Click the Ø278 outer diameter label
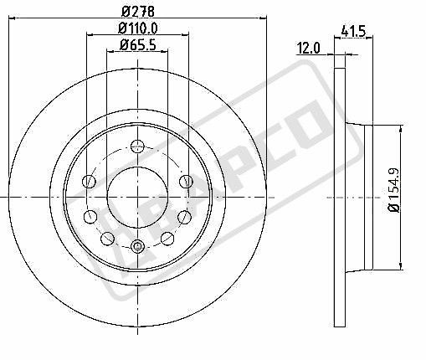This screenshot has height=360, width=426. point(138,11)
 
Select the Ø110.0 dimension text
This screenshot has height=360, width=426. point(138,28)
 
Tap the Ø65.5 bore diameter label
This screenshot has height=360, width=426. point(138,44)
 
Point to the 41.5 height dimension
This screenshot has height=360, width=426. point(353,31)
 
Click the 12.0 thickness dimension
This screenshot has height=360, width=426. point(308,48)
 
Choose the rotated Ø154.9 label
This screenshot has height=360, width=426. point(395,190)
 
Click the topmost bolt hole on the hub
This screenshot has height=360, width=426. point(137,147)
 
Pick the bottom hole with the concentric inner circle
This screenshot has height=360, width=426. point(137,246)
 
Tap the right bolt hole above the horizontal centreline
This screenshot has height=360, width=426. point(186,182)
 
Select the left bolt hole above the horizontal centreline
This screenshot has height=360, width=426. point(89,182)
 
